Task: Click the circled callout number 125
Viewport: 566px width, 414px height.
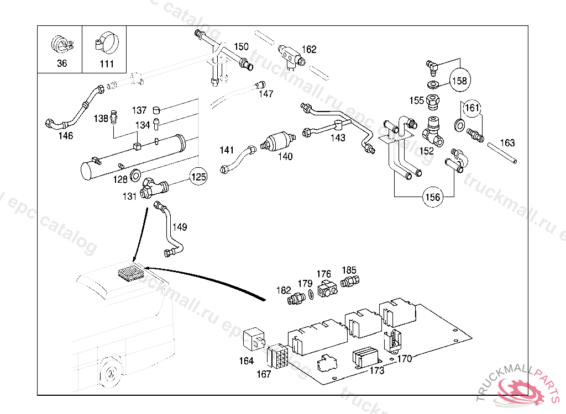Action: [198, 177]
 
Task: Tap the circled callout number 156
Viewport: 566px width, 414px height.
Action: [433, 197]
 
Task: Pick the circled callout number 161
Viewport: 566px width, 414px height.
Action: [471, 108]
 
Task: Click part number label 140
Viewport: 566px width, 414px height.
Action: [285, 156]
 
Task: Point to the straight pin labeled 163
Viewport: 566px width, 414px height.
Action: [502, 153]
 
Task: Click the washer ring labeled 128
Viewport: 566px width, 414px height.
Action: [135, 178]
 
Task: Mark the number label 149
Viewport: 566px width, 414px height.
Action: [179, 227]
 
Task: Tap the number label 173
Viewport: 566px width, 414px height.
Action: [376, 371]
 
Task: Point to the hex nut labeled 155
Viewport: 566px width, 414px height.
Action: [434, 102]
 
